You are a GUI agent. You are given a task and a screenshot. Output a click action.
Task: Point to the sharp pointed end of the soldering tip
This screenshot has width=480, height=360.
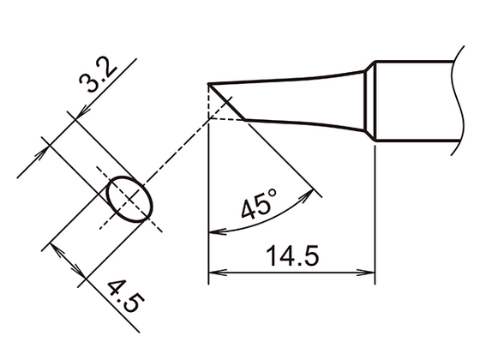pos(209,84)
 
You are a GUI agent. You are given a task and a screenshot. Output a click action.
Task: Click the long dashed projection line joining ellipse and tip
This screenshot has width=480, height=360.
pos(184,149)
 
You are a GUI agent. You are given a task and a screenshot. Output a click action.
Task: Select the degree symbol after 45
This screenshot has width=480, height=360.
pos(272,197)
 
